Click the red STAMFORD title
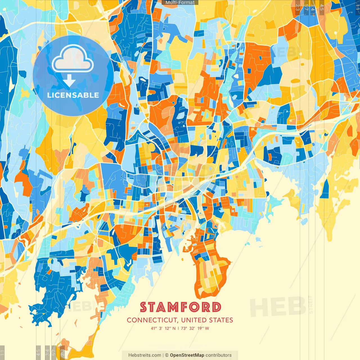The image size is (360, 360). click(x=181, y=307)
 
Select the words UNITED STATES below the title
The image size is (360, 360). click(x=207, y=320)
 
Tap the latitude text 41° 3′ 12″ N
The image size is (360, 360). click(x=163, y=328)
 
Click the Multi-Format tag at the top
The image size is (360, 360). click(x=180, y=3)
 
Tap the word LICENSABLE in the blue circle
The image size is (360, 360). click(x=73, y=95)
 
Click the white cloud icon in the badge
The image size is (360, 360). click(x=73, y=59)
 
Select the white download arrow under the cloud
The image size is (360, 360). click(x=69, y=81)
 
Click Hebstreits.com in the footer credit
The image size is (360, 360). click(x=145, y=355)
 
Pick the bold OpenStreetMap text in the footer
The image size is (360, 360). click(x=187, y=355)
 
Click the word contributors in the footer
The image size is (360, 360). click(x=219, y=355)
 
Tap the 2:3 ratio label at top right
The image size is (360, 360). click(x=297, y=7)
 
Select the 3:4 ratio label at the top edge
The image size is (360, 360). click(x=312, y=7)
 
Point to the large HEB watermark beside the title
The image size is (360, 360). click(x=278, y=307)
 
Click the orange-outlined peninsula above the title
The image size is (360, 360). click(x=210, y=270)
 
